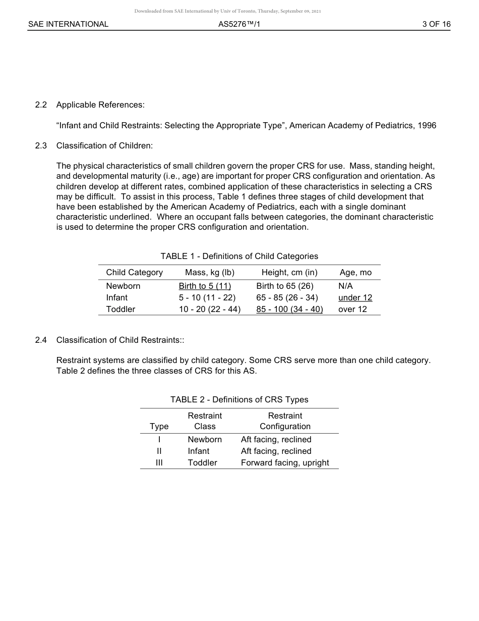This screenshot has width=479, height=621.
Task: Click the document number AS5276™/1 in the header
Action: [239, 24]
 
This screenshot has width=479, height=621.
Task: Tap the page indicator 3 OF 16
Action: [436, 24]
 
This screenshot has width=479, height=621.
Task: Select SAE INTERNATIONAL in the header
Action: [68, 24]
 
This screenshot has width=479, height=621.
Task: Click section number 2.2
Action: [41, 105]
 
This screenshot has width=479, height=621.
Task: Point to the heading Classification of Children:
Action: [104, 146]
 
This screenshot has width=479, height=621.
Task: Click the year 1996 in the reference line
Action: [427, 126]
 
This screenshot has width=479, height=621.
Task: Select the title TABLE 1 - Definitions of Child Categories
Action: [239, 256]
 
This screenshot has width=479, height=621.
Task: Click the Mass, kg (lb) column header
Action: [210, 273]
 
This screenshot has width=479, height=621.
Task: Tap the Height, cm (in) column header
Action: [289, 273]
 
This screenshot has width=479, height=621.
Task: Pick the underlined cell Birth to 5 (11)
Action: [205, 286]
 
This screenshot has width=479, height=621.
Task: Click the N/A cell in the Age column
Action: [345, 286]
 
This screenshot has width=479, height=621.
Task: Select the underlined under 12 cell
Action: [355, 298]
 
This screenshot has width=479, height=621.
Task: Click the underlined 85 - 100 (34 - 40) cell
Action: [289, 309]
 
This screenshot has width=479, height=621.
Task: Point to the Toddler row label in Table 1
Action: [121, 309]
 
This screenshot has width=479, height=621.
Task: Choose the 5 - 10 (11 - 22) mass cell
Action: [207, 298]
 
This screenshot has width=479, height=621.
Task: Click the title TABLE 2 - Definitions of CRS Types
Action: [239, 400]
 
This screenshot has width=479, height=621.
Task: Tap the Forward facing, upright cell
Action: [285, 463]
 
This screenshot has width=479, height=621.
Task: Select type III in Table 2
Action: [159, 463]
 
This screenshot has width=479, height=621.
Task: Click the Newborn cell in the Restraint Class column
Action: [205, 440]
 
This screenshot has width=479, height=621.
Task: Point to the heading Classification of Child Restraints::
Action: [120, 340]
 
